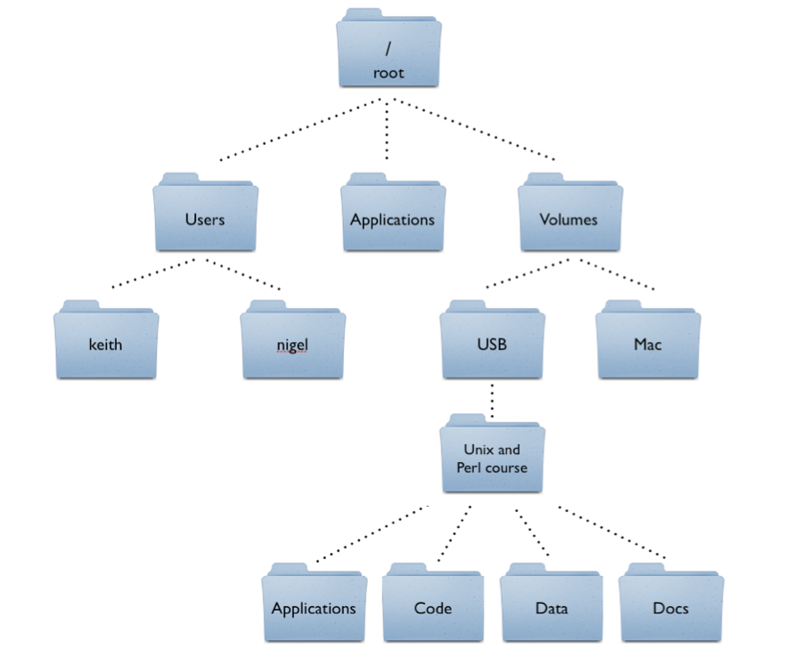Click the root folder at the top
(x=389, y=53)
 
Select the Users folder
(x=205, y=218)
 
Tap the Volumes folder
(x=569, y=218)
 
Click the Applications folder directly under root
(x=392, y=218)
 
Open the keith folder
(x=105, y=344)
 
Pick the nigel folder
(x=292, y=344)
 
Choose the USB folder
(x=492, y=344)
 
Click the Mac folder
(x=648, y=344)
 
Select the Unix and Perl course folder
(x=492, y=458)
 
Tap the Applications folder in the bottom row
(x=314, y=608)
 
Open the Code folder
(x=433, y=608)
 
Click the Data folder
(x=552, y=608)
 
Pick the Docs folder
(x=671, y=608)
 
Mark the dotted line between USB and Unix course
(x=491, y=402)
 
